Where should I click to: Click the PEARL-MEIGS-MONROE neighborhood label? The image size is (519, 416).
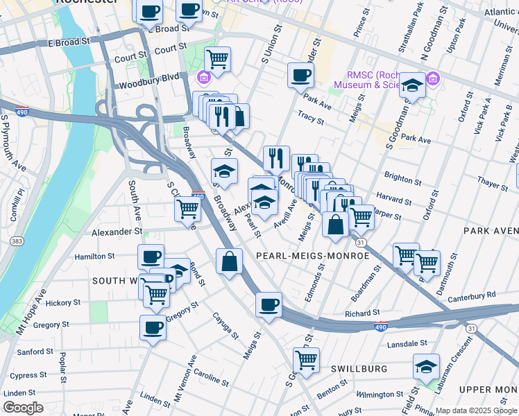tap(312, 256)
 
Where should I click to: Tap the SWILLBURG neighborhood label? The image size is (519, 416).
tap(359, 369)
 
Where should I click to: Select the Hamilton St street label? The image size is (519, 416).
tap(94, 256)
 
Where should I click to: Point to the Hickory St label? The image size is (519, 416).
tap(64, 303)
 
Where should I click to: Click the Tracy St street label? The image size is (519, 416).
tap(310, 116)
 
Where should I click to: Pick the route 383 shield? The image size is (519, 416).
tap(15, 240)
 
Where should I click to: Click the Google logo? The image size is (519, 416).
tap(23, 408)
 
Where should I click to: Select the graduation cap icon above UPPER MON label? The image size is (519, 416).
tap(426, 367)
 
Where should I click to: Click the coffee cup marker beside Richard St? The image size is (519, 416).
tap(269, 304)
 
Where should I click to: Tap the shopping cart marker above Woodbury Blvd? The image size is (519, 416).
tap(218, 60)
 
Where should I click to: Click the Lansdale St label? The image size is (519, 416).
tap(407, 343)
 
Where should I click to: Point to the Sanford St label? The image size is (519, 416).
tap(31, 352)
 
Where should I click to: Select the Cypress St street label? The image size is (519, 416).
tap(29, 375)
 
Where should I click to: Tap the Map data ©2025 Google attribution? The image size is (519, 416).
tap(475, 410)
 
